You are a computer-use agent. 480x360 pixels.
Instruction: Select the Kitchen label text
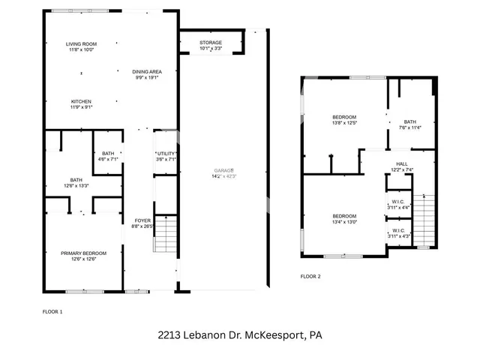(81, 103)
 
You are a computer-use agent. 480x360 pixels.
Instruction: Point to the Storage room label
(211, 43)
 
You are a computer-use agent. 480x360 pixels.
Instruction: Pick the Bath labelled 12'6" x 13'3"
(76, 182)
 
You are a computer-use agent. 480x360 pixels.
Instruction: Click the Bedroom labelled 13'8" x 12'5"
(344, 119)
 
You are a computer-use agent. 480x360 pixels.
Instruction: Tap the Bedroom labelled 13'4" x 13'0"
(344, 219)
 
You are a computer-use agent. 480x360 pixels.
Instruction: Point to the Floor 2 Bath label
(409, 124)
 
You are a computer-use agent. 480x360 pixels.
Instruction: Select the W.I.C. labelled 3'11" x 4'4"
(397, 203)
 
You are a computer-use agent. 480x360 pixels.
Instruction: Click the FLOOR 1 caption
(52, 310)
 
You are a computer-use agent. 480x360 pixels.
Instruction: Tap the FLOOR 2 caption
(310, 277)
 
